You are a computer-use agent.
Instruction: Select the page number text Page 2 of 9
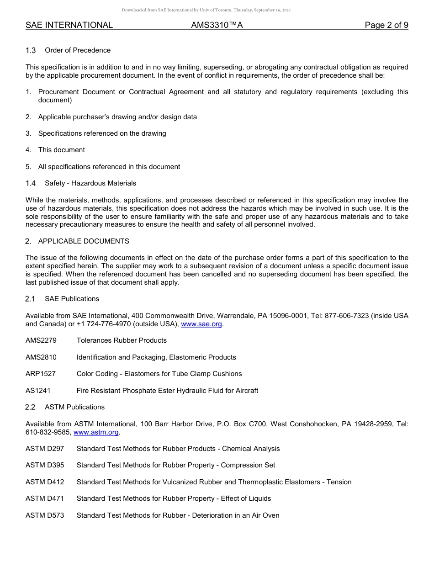(386, 25)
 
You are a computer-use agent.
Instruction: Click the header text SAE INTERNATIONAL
(69, 25)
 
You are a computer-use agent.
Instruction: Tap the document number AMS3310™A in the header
(217, 25)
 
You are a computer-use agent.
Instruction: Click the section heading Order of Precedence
(78, 50)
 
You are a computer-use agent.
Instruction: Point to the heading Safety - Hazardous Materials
(90, 183)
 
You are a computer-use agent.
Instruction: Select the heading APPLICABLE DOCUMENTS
(84, 241)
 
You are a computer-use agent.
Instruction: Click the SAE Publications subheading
(72, 299)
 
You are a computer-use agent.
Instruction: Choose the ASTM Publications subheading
(74, 407)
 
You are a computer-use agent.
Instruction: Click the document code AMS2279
(41, 340)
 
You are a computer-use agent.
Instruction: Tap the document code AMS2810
(41, 357)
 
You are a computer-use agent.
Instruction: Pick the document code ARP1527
(41, 374)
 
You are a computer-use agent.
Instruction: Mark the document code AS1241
(38, 391)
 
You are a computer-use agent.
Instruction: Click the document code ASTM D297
(45, 449)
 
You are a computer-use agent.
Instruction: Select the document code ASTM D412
(45, 482)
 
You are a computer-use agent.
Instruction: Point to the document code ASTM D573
(45, 515)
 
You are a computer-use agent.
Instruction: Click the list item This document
(61, 150)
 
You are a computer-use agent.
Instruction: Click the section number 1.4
(31, 183)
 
